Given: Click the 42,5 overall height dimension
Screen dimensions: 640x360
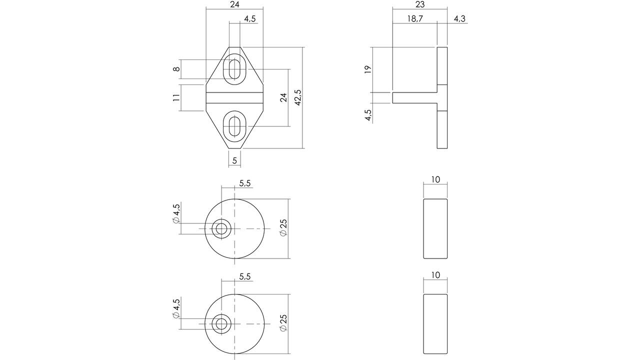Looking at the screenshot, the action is click(298, 97).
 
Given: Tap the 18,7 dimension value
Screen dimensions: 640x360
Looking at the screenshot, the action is click(415, 18).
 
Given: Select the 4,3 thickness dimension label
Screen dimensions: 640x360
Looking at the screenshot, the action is click(459, 18).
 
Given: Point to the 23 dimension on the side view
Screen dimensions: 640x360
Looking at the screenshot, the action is click(420, 4).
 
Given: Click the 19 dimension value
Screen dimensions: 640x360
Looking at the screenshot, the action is click(368, 69).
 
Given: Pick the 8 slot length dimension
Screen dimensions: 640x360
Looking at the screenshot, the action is click(177, 69).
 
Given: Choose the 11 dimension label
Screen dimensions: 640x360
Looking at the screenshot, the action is click(176, 97).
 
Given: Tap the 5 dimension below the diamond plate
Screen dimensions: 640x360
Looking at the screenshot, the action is click(234, 160).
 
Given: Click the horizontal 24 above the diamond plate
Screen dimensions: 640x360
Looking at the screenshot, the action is click(234, 4).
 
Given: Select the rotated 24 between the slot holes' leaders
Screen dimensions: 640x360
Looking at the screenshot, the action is click(283, 97).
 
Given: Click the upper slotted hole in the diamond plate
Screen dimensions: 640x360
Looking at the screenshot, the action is click(234, 69).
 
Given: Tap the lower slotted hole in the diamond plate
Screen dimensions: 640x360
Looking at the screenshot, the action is click(234, 126).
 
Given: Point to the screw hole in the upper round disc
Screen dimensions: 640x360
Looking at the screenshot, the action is click(221, 228).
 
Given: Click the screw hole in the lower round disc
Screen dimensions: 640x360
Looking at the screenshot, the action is click(221, 323).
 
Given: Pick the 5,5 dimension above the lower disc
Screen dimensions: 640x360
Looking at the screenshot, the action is click(245, 276).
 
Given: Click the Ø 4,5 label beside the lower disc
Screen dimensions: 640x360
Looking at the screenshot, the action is click(176, 308).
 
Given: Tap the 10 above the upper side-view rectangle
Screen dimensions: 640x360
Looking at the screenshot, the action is click(435, 179).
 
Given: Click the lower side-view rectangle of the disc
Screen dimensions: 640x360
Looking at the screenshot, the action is click(435, 324).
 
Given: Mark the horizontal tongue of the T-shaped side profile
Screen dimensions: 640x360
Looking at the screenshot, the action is click(414, 97).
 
